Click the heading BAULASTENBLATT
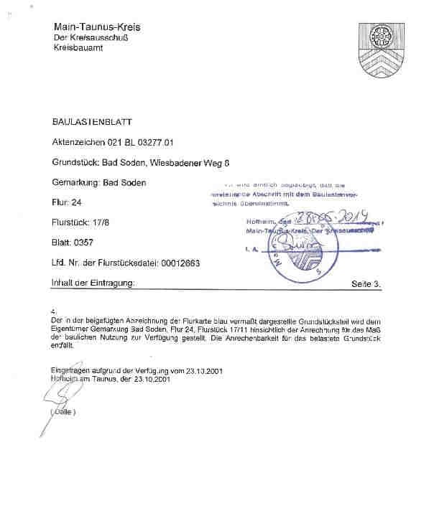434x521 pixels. click(x=92, y=123)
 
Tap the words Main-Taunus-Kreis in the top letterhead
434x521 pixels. click(x=97, y=27)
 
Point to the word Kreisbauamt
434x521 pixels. click(x=79, y=47)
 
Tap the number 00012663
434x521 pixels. click(x=177, y=263)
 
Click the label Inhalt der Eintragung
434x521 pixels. click(x=93, y=283)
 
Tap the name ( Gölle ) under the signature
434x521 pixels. click(x=63, y=412)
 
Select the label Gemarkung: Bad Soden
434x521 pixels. click(x=99, y=183)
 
